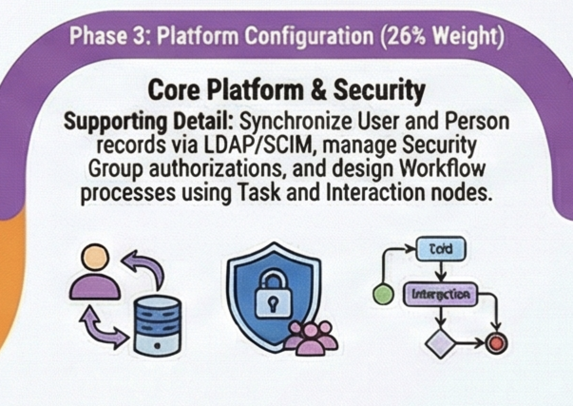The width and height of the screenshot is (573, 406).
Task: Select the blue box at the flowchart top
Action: click(441, 249)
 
